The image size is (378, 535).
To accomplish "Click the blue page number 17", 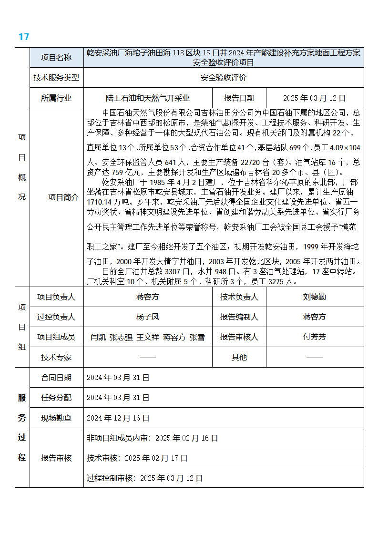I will [x=24, y=37].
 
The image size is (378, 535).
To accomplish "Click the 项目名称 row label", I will [x=56, y=57].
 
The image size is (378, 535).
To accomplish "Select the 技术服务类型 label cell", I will [x=56, y=77].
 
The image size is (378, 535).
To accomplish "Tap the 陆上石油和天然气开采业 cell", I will [x=148, y=98].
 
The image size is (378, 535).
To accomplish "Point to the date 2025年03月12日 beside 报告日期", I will [x=314, y=98].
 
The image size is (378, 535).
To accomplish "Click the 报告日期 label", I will [x=239, y=98].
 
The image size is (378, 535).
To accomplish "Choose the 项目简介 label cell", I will [x=63, y=197].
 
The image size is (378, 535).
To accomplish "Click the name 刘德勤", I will [x=315, y=297].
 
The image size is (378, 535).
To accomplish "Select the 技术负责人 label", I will [x=239, y=297].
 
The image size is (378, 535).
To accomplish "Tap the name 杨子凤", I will [x=148, y=317].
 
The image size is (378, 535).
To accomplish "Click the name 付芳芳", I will [x=315, y=337].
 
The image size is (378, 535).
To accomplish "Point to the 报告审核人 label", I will [x=239, y=337].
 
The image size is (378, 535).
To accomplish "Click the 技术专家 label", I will [x=56, y=357].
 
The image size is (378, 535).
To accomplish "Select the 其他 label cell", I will [x=239, y=357].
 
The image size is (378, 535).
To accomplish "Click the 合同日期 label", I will [x=56, y=377].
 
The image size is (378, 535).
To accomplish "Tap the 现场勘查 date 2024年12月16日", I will [x=118, y=418].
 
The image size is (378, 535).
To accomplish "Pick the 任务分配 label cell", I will [x=56, y=397].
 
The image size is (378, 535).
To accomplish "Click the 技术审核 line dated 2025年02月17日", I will [x=137, y=458].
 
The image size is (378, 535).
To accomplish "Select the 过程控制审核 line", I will [x=145, y=478].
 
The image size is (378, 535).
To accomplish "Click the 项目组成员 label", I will [x=56, y=337].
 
